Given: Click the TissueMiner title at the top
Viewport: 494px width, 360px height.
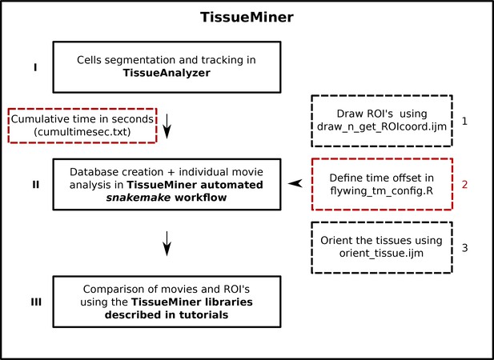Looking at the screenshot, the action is click(247, 17).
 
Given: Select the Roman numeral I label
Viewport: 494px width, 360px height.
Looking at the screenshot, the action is click(35, 67).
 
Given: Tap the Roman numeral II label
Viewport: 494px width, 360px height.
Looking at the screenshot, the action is click(35, 185).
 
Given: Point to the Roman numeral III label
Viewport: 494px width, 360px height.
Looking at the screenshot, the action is click(36, 302).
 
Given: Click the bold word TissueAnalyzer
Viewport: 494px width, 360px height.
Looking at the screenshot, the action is click(167, 73).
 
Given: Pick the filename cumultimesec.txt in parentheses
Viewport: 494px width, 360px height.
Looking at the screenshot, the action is click(82, 131).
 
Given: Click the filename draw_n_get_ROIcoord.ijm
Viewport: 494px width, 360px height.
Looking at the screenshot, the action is click(382, 126).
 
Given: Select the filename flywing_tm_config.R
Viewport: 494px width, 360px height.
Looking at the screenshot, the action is click(382, 190).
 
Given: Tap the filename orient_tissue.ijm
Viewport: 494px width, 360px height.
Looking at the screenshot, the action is click(382, 253).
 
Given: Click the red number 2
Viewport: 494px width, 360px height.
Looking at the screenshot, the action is click(464, 185).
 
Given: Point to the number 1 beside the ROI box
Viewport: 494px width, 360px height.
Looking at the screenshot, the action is click(464, 121).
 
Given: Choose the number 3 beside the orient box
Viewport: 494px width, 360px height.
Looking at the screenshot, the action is click(464, 248).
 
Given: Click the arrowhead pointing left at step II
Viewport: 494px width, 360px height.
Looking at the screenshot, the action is click(295, 183).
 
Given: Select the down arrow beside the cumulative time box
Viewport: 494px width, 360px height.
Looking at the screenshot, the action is click(167, 126).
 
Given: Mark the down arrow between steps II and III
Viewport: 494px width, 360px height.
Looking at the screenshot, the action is click(167, 243).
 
